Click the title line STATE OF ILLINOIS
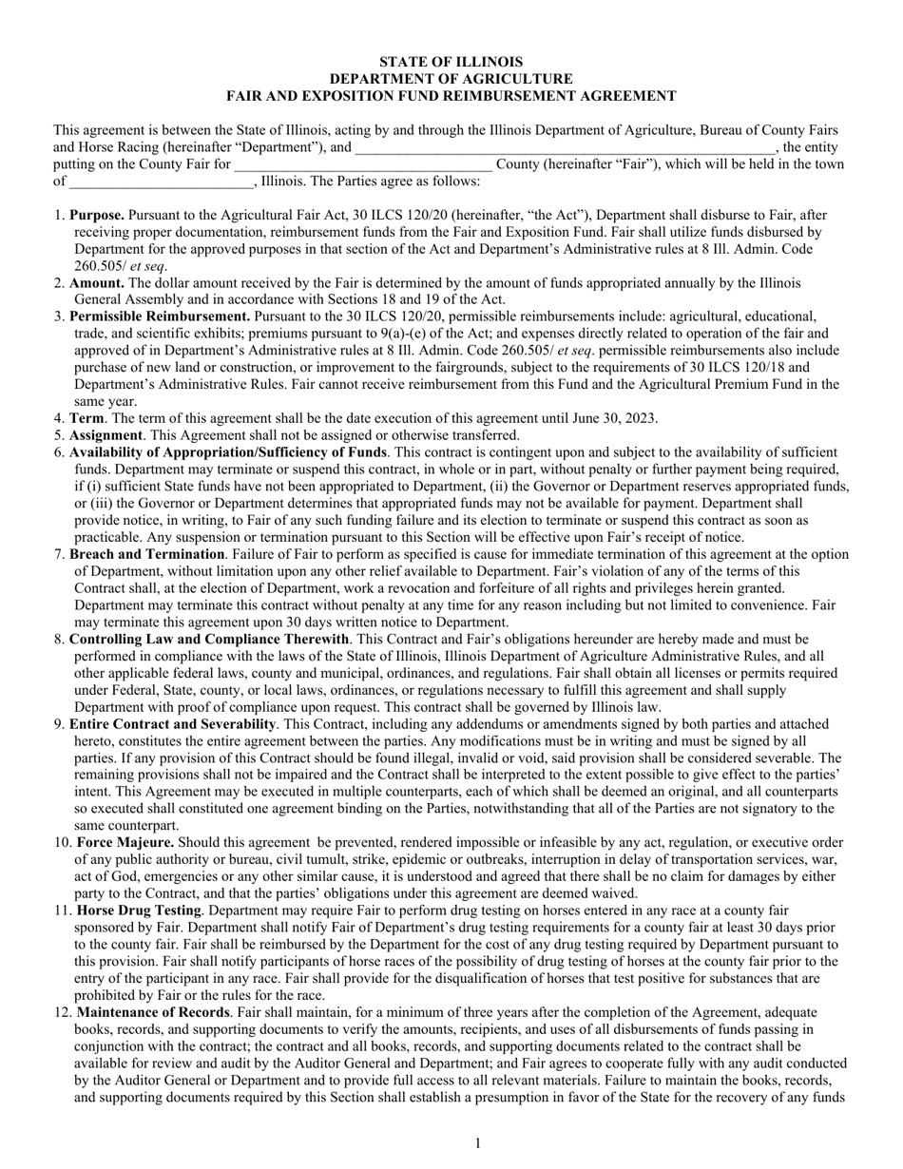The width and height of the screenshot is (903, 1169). point(451,62)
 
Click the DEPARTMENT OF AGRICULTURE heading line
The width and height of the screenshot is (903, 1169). point(451,79)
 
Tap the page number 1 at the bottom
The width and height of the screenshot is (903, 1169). point(478,1143)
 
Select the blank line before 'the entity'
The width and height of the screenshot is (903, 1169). point(565,147)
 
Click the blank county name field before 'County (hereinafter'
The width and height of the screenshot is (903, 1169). point(363,163)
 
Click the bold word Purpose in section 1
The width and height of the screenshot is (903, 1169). point(97,216)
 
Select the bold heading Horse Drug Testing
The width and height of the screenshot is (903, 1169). point(139,910)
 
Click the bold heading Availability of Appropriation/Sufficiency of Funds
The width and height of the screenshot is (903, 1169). point(228,452)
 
